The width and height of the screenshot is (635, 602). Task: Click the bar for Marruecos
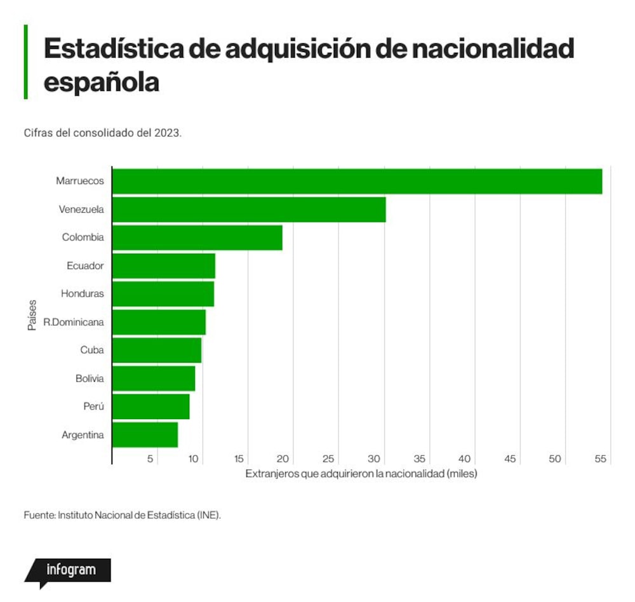click(357, 182)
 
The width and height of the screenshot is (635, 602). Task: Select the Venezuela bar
click(249, 210)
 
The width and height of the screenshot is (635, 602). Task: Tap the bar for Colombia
click(197, 237)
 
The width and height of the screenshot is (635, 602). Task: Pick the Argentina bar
click(145, 435)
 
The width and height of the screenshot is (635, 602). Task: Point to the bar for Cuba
click(157, 351)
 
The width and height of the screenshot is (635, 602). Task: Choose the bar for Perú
click(151, 407)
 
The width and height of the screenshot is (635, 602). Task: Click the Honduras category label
click(82, 294)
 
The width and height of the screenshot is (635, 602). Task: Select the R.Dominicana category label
click(73, 322)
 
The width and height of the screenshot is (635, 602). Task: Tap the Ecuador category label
click(85, 265)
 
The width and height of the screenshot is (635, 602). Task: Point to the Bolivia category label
click(90, 378)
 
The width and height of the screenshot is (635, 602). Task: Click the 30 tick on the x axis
click(373, 458)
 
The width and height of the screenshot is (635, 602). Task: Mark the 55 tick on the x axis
click(600, 458)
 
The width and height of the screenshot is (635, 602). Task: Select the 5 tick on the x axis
click(150, 458)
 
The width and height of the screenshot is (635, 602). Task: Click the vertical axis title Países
click(32, 315)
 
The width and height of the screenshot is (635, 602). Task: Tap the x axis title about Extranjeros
click(361, 474)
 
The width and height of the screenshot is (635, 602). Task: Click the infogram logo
click(68, 572)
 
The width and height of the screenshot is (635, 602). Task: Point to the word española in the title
click(101, 83)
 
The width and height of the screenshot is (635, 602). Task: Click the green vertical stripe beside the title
click(26, 62)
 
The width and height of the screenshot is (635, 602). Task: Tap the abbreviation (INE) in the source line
click(209, 515)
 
